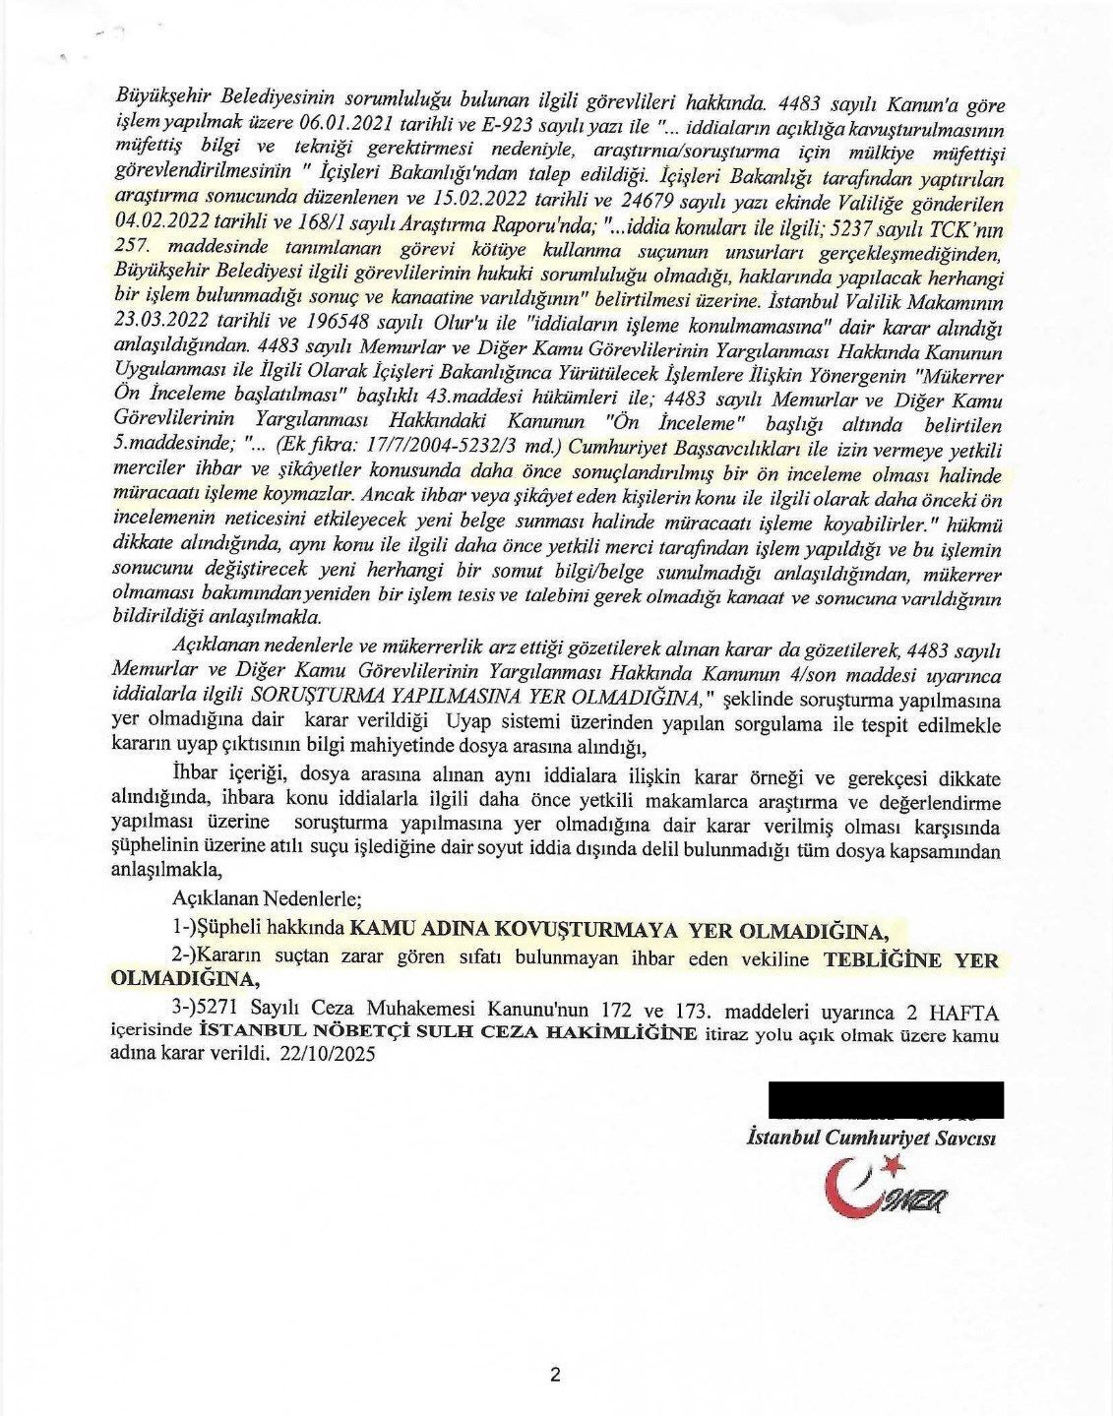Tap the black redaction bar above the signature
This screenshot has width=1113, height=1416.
(886, 1099)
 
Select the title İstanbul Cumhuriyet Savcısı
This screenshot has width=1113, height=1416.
(873, 1139)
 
